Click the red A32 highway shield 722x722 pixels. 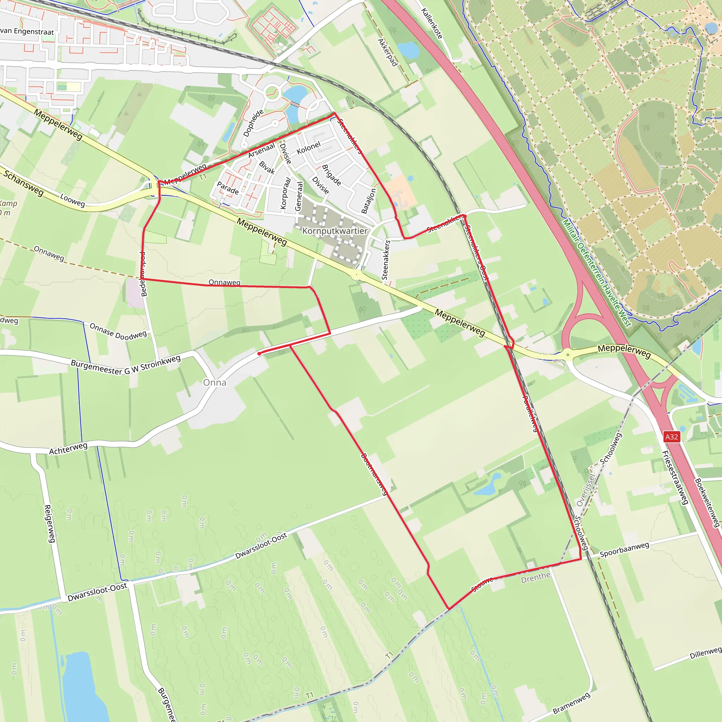671,436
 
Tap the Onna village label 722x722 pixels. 214,382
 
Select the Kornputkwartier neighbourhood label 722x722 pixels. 335,231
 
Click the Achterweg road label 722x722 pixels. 68,448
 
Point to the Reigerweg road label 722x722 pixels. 49,523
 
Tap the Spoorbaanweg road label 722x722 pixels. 624,550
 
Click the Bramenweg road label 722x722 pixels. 571,703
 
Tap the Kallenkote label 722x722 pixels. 432,23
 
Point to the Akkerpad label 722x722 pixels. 387,52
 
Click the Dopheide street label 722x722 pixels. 253,123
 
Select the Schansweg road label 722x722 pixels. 23,183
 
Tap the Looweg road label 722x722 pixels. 72,200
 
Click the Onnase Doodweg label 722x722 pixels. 118,331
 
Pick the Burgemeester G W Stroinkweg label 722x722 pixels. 126,365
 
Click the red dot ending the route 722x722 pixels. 259,353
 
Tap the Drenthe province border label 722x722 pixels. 536,578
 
